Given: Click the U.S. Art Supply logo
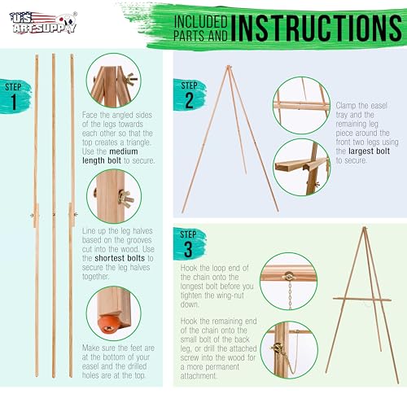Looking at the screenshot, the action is click(43, 23).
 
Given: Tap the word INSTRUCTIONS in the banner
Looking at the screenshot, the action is click(317, 28).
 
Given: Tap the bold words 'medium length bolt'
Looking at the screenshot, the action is click(110, 156).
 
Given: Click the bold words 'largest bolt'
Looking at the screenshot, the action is click(370, 151).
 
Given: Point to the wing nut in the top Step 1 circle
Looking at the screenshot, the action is click(129, 79).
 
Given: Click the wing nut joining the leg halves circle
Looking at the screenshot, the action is click(125, 199).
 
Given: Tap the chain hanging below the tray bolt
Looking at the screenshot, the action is click(290, 295).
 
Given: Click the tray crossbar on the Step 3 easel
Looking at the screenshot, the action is click(362, 300).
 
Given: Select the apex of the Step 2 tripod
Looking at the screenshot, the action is click(229, 66).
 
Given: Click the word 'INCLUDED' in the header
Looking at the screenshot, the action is click(201, 22).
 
